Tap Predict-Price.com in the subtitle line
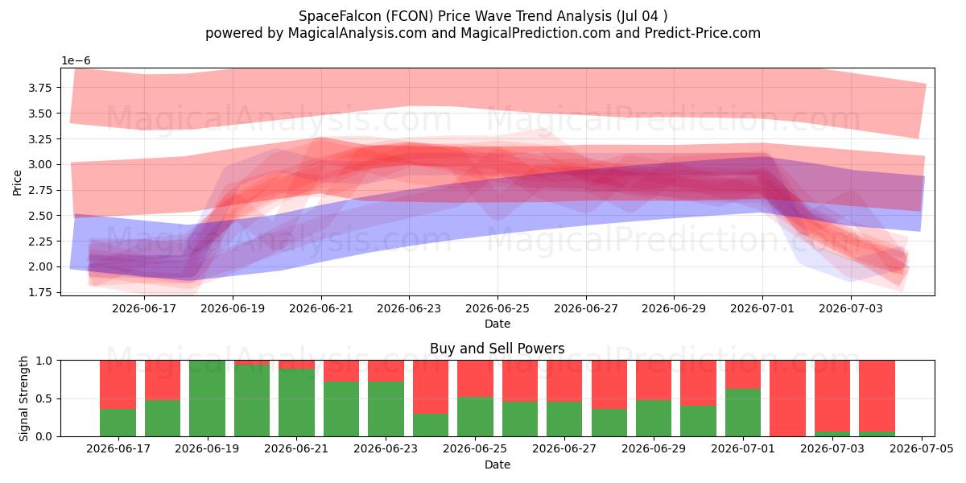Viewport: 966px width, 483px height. coord(703,33)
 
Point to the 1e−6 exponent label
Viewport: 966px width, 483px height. coord(76,61)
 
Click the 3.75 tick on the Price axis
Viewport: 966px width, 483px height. coord(39,88)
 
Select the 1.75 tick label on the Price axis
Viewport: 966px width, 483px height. coord(39,292)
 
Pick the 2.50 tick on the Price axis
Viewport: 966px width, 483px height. coord(39,216)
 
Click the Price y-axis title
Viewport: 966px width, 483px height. coord(17,183)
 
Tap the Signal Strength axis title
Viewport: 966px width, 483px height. coord(23,398)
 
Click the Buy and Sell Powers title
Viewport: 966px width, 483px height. coord(497,349)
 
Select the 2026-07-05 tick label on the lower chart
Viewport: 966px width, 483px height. coord(922,449)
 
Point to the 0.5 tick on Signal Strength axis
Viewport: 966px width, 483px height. coord(43,398)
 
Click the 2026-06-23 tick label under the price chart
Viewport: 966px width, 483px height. coord(409,309)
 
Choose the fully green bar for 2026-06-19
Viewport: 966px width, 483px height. coord(207,398)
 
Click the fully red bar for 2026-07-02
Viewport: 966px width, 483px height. coord(787,398)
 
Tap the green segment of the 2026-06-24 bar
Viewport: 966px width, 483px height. coord(431,425)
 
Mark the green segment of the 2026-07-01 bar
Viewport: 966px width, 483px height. coord(743,413)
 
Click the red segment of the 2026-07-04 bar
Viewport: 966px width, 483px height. coord(877,396)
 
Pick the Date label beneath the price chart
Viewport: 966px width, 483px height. coord(497,324)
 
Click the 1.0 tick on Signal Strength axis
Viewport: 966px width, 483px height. coord(43,361)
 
